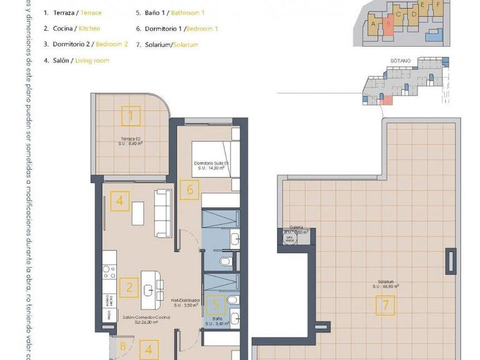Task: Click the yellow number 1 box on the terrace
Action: [x=131, y=116]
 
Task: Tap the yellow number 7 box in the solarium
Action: [x=386, y=306]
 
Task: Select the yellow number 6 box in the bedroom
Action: [x=190, y=189]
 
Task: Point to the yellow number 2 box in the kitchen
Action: [x=129, y=287]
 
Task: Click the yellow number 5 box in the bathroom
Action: [x=216, y=306]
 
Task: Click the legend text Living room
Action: [x=92, y=61]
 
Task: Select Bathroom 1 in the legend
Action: [x=186, y=12]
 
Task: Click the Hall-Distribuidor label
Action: [x=186, y=301]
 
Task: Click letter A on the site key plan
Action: [x=372, y=24]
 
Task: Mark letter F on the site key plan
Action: [x=438, y=5]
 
